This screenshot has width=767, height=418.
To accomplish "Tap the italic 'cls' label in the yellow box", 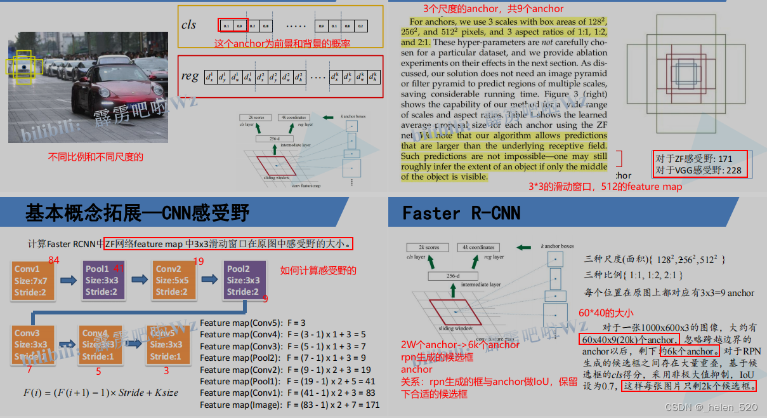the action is tap(189, 25).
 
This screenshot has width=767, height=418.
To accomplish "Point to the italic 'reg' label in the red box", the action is tap(190, 76).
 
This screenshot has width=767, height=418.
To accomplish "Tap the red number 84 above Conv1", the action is tap(54, 260).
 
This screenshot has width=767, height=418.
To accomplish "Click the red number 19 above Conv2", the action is tap(198, 261).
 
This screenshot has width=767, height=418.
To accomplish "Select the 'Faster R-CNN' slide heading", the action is tap(461, 213).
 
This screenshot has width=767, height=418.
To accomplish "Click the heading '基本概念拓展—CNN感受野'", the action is tap(138, 213).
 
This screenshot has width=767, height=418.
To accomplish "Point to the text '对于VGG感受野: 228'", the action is tap(698, 170).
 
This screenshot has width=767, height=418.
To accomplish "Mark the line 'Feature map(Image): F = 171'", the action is tap(290, 404).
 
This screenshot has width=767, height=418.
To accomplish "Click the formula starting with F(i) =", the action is tap(101, 393).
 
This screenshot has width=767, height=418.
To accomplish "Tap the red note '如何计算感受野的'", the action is tap(318, 271).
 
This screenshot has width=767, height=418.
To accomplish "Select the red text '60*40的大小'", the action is tap(606, 313).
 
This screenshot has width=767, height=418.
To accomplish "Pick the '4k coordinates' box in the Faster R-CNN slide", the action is tap(479, 247).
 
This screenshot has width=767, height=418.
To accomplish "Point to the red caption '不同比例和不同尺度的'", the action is tap(96, 157).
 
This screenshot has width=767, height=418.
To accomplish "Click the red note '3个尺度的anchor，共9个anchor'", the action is tap(493, 8).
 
